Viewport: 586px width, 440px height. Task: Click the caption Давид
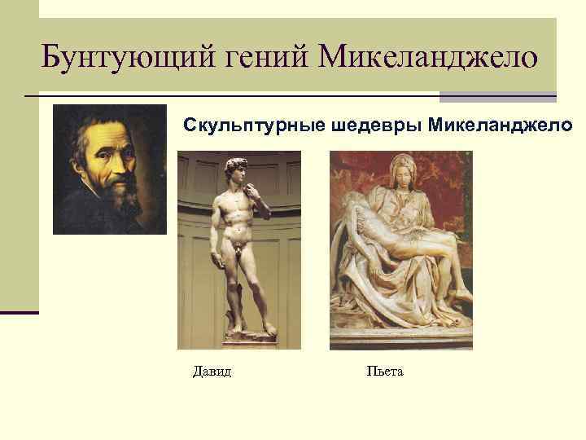[x=212, y=372]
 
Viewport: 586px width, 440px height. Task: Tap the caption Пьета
[x=385, y=372]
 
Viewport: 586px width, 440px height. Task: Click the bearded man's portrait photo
[x=109, y=169]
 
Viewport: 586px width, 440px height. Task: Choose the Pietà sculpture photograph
[x=400, y=250]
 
